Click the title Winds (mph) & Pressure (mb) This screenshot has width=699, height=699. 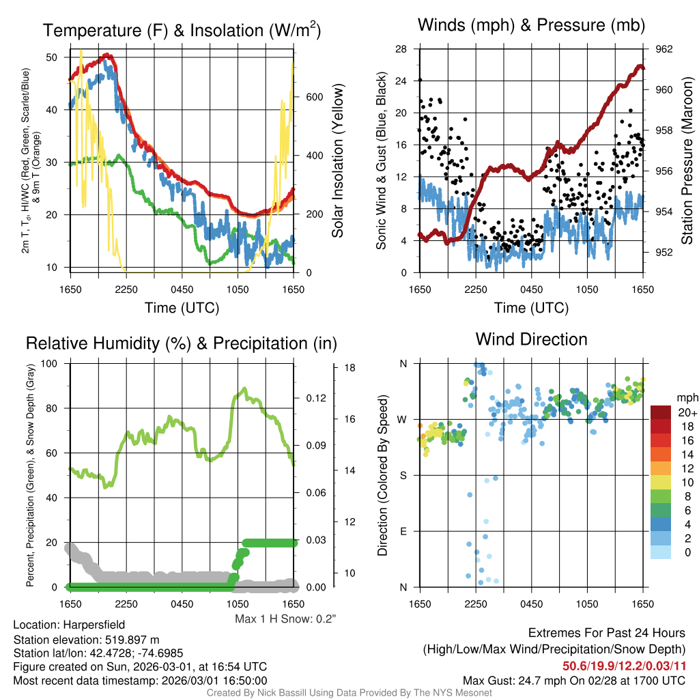(531, 25)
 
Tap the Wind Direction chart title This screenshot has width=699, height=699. (531, 339)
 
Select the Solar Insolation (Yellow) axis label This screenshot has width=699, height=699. (337, 161)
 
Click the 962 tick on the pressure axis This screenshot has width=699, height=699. (664, 49)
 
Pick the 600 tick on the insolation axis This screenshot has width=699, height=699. (315, 97)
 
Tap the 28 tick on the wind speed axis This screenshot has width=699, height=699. (401, 49)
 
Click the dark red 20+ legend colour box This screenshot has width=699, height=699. (661, 413)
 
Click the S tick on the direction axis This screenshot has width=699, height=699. (403, 475)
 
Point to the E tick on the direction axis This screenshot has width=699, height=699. (403, 531)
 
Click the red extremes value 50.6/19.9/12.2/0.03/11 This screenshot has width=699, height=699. (624, 666)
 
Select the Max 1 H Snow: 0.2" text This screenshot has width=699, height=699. (285, 618)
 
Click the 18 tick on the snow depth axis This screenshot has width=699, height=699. (350, 367)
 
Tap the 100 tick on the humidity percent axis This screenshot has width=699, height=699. (52, 363)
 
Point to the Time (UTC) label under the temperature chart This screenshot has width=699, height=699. (182, 308)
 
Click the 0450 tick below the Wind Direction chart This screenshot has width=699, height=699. (531, 603)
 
